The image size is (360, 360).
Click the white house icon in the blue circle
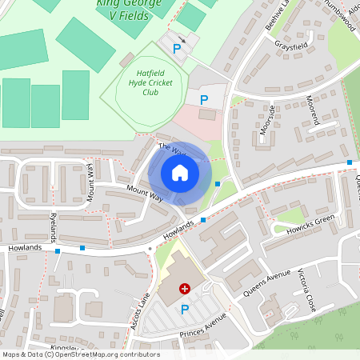180,172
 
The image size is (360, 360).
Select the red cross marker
185,288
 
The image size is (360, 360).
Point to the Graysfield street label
291,46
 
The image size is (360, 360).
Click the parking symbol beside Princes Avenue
185,309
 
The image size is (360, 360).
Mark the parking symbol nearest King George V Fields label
177,49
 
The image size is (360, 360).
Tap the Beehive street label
281,14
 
